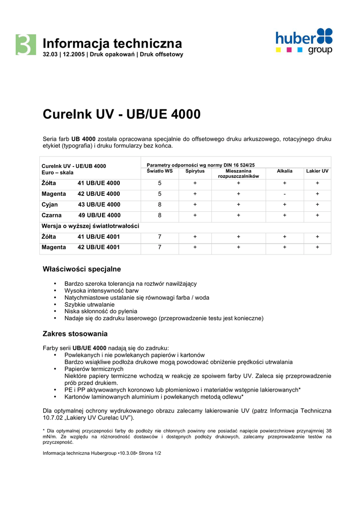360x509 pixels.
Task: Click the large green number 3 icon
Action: (x=25, y=45)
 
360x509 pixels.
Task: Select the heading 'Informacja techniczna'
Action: (x=112, y=43)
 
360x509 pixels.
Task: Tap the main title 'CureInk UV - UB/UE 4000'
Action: (x=122, y=114)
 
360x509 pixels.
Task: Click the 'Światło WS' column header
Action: (x=160, y=171)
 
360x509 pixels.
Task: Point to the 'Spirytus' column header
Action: (x=195, y=171)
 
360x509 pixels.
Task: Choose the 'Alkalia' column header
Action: (x=284, y=171)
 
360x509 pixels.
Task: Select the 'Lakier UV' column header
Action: (x=317, y=171)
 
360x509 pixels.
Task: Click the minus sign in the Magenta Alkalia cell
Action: (x=284, y=194)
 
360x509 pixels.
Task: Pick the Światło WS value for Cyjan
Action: (x=160, y=204)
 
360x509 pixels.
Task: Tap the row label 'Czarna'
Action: (x=52, y=215)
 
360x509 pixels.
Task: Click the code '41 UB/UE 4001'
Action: (x=98, y=237)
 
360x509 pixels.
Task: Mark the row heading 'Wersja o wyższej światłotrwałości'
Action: (x=90, y=226)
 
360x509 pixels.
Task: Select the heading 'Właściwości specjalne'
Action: (x=82, y=269)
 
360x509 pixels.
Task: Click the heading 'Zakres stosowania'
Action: (x=75, y=334)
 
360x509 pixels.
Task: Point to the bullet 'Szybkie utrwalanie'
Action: (x=90, y=304)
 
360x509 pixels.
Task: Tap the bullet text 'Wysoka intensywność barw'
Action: (x=101, y=290)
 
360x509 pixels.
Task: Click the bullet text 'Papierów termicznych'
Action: (x=94, y=369)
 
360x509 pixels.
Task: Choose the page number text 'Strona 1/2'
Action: (x=148, y=453)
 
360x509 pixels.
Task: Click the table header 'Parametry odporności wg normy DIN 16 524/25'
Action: (x=201, y=165)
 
